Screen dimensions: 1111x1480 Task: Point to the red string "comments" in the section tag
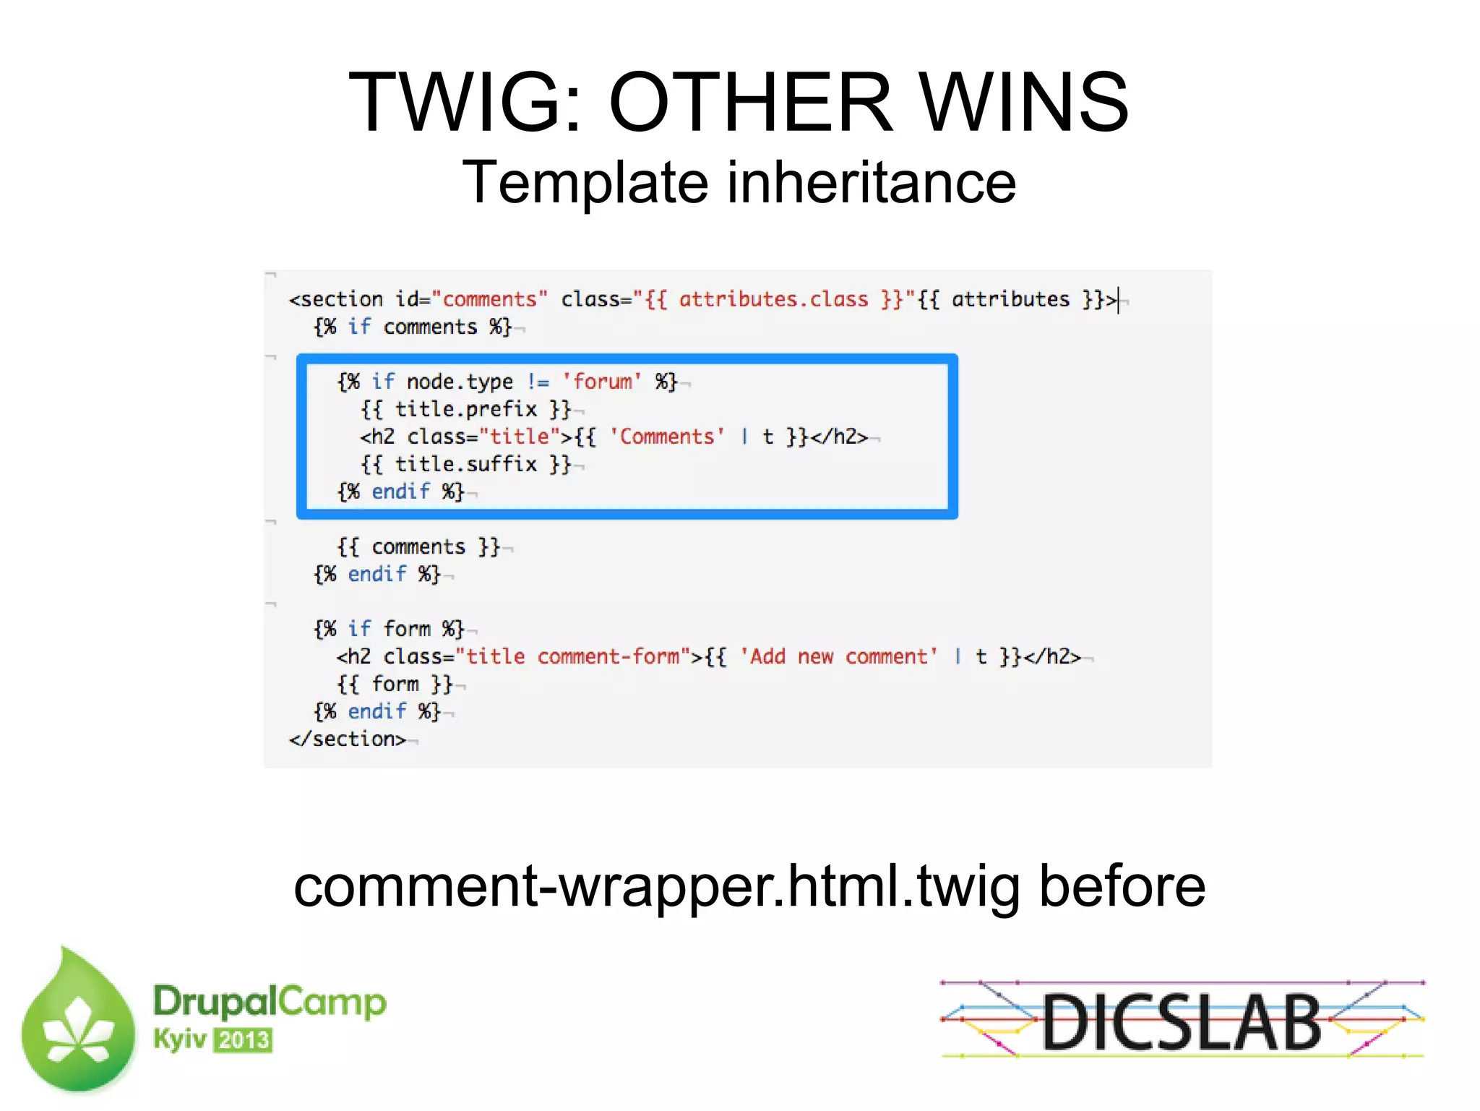(x=489, y=299)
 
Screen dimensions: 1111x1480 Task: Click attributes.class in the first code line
(x=773, y=299)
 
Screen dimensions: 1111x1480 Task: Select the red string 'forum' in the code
(x=602, y=381)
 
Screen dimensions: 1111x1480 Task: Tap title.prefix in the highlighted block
(x=466, y=409)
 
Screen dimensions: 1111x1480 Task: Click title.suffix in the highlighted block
(x=466, y=464)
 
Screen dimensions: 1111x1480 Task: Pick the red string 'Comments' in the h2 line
(x=666, y=437)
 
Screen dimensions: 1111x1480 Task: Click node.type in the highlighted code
(x=460, y=381)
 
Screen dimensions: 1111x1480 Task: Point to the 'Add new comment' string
(x=838, y=656)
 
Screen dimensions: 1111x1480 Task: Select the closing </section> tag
(x=348, y=739)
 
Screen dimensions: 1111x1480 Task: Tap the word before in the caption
(x=1122, y=886)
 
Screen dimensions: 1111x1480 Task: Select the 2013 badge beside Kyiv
(x=244, y=1040)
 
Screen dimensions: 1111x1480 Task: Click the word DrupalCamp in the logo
(x=270, y=1002)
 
